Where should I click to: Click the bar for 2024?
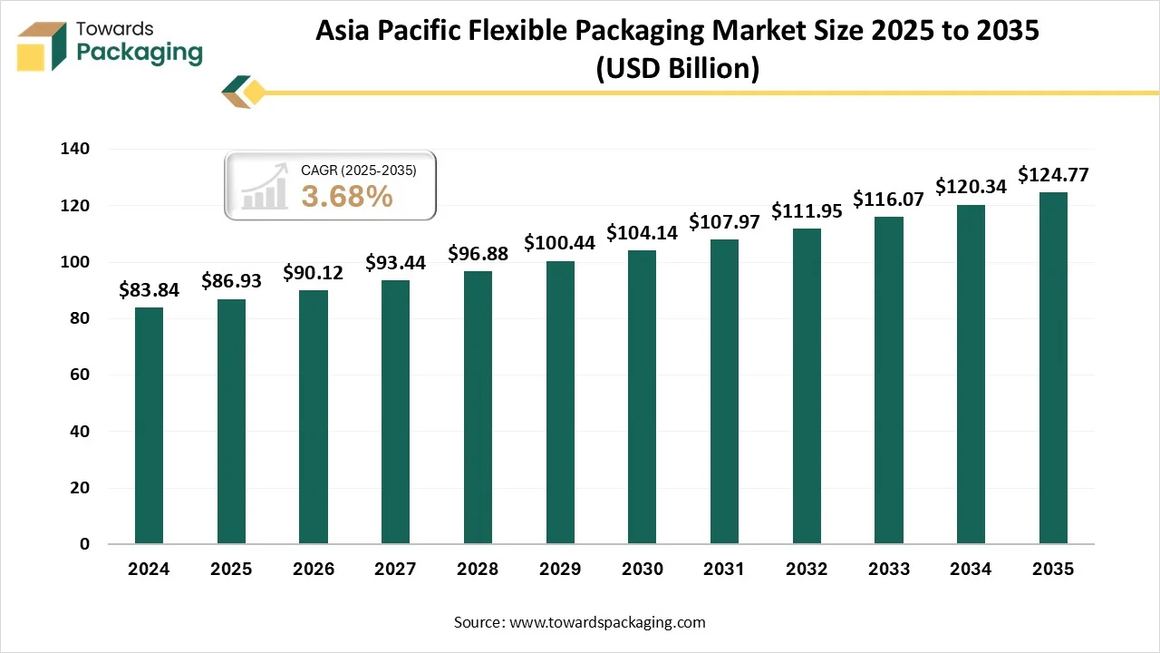(x=149, y=425)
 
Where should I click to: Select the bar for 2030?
(x=643, y=397)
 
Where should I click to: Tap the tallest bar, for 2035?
(x=1053, y=368)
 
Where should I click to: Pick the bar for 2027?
(x=395, y=412)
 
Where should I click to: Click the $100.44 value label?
(x=560, y=243)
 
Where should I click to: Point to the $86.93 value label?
(x=231, y=281)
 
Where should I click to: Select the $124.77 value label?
(x=1053, y=174)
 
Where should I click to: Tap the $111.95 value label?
(x=807, y=210)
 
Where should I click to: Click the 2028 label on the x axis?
(x=478, y=570)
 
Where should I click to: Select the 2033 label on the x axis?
(x=889, y=570)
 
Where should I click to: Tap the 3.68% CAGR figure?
(x=347, y=196)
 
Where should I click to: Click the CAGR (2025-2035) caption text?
(x=358, y=169)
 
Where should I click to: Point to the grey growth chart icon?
(x=264, y=189)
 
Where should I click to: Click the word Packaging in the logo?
(x=140, y=53)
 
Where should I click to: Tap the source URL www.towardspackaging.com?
(x=607, y=622)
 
